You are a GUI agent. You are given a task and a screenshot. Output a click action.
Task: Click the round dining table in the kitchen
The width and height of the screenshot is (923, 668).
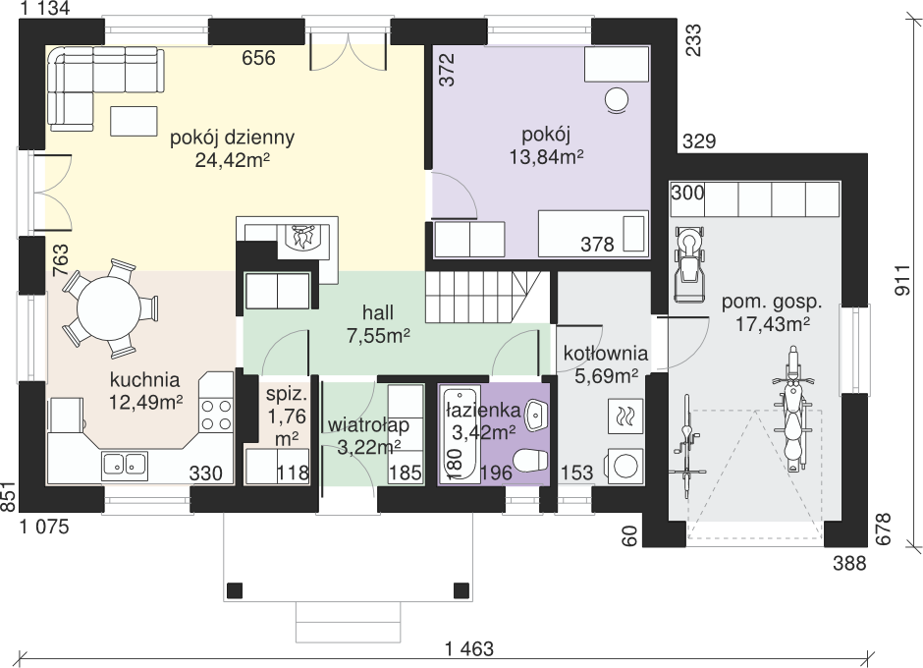click(109, 308)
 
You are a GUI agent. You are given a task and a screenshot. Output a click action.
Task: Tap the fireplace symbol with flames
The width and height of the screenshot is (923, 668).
click(302, 239)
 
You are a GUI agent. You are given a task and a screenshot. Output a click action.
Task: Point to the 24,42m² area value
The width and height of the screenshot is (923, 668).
click(232, 160)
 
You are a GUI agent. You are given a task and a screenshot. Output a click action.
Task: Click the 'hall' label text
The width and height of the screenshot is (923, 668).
click(378, 312)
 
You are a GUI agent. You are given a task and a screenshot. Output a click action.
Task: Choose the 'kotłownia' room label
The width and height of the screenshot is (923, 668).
click(606, 354)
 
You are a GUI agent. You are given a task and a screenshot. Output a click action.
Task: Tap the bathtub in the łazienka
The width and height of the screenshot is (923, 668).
click(461, 432)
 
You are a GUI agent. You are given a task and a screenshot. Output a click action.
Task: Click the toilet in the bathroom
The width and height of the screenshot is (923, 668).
click(530, 461)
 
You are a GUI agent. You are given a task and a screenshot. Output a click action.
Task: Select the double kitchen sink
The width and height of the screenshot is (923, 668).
click(125, 465)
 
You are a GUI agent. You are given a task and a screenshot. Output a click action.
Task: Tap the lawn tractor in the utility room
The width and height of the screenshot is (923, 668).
click(688, 264)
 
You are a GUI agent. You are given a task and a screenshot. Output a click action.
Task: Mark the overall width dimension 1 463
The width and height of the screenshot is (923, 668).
click(469, 648)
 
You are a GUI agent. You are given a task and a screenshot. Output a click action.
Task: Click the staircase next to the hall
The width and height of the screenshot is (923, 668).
click(484, 297)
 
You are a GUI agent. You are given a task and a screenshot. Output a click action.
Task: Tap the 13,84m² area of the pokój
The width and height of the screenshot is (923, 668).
click(547, 157)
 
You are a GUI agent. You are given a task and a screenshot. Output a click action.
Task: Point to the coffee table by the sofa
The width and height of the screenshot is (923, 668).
click(134, 122)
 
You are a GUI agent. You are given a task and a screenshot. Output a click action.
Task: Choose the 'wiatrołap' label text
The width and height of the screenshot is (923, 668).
click(368, 424)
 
